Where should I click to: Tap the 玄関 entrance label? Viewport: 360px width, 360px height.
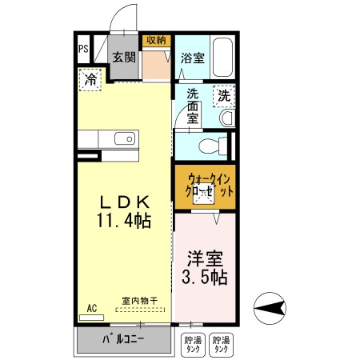click(123, 57)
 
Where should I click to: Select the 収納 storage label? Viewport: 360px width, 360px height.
click(156, 40)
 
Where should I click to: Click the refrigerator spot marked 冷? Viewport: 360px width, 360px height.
click(90, 80)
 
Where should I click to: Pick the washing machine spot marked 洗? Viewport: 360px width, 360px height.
click(225, 95)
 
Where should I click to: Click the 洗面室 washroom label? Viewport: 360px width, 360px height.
click(193, 106)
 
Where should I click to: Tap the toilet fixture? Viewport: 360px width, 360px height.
click(213, 146)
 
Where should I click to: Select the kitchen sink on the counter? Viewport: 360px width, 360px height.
click(126, 139)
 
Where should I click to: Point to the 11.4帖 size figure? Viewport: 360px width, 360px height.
click(124, 218)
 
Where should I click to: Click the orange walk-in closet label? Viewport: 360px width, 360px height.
click(205, 186)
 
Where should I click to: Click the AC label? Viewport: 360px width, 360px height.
click(91, 306)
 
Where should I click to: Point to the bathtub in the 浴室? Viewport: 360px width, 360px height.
click(221, 57)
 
